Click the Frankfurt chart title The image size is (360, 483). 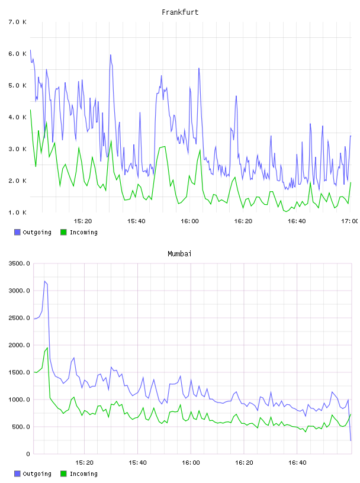point(180,12)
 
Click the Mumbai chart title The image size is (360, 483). point(179,254)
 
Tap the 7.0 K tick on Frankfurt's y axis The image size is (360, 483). point(17,22)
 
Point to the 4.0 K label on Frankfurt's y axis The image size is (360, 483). point(17,117)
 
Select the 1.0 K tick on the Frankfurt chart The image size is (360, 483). point(17,212)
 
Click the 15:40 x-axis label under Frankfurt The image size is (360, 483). point(136,221)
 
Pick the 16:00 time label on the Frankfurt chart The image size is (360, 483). point(189,221)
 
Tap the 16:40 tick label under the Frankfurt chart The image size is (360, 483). point(297,221)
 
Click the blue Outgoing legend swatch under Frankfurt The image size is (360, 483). point(17,232)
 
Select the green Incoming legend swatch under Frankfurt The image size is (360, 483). point(63,232)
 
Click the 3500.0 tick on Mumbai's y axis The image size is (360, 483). point(19,263)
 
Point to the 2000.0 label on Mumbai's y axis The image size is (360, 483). point(19,345)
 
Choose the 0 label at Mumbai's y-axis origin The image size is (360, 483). point(28,454)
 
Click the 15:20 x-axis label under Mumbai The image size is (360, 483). point(84,462)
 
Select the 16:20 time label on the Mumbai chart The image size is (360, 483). point(244,462)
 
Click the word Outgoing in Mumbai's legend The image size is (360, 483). point(37,474)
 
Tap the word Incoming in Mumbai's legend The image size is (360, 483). point(83,474)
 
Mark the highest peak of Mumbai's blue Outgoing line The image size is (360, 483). point(44,281)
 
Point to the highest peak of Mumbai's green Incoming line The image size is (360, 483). point(47,348)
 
